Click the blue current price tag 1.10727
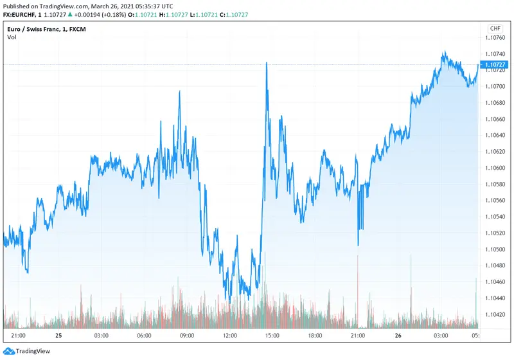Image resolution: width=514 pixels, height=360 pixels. tap(495, 64)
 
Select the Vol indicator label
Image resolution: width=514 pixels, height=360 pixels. tap(12, 37)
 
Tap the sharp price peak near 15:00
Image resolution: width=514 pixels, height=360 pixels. tap(266, 63)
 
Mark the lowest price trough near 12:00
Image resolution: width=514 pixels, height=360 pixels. tap(230, 301)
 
